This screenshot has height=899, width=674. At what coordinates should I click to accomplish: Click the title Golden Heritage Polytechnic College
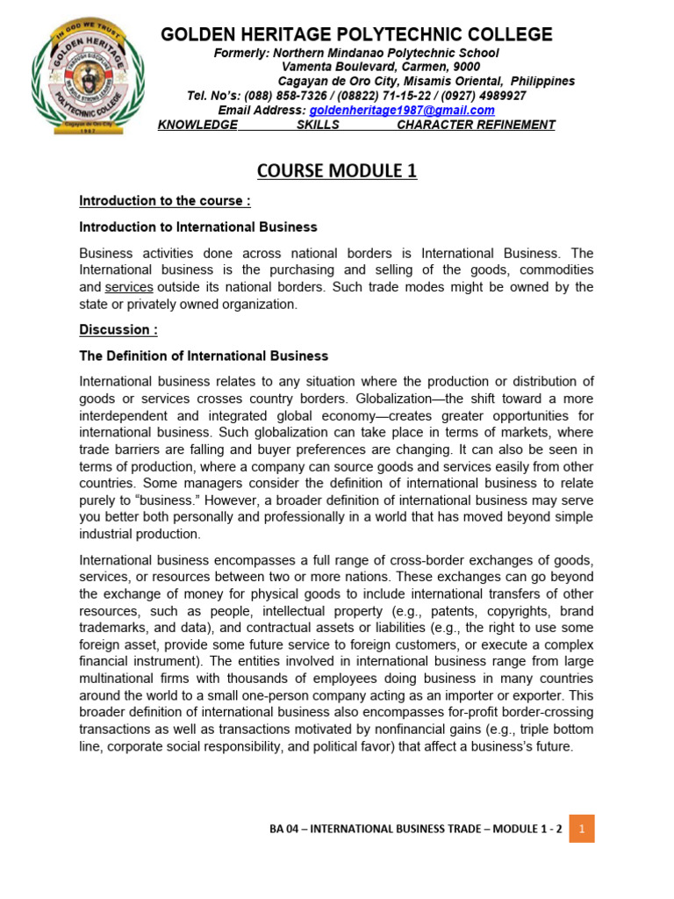(356, 34)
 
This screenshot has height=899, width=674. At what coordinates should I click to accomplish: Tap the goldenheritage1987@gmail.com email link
(401, 110)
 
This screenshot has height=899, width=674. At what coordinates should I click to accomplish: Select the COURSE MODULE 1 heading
(336, 170)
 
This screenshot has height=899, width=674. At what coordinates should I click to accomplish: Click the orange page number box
(582, 828)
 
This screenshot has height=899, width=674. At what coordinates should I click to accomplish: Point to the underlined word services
(129, 287)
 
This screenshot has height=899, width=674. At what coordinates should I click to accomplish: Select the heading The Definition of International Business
(204, 356)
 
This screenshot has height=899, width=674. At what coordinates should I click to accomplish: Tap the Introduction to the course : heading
(165, 201)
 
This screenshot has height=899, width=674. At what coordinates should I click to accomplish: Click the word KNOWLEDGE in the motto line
(197, 125)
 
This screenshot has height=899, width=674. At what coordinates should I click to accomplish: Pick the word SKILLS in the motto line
(318, 125)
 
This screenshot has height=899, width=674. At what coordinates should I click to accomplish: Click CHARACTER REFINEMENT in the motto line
(476, 125)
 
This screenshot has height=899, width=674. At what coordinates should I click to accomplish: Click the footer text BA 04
(288, 829)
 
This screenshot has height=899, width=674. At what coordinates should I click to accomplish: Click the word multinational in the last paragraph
(117, 678)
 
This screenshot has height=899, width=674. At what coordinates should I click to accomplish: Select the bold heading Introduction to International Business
(198, 227)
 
